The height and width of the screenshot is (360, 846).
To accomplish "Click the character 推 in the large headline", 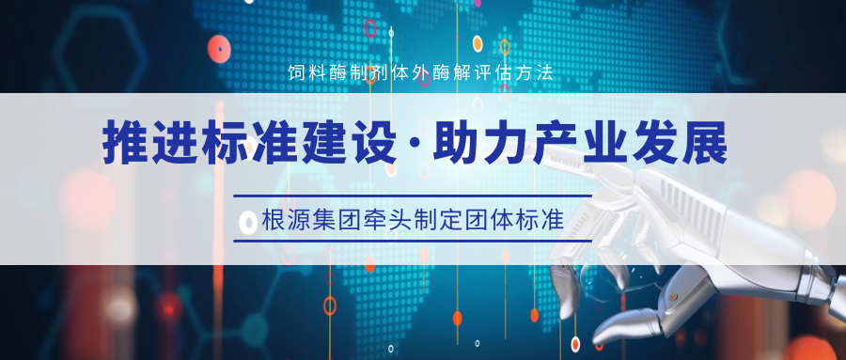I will (x=125, y=144).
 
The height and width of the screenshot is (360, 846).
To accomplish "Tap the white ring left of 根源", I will (x=248, y=223).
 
